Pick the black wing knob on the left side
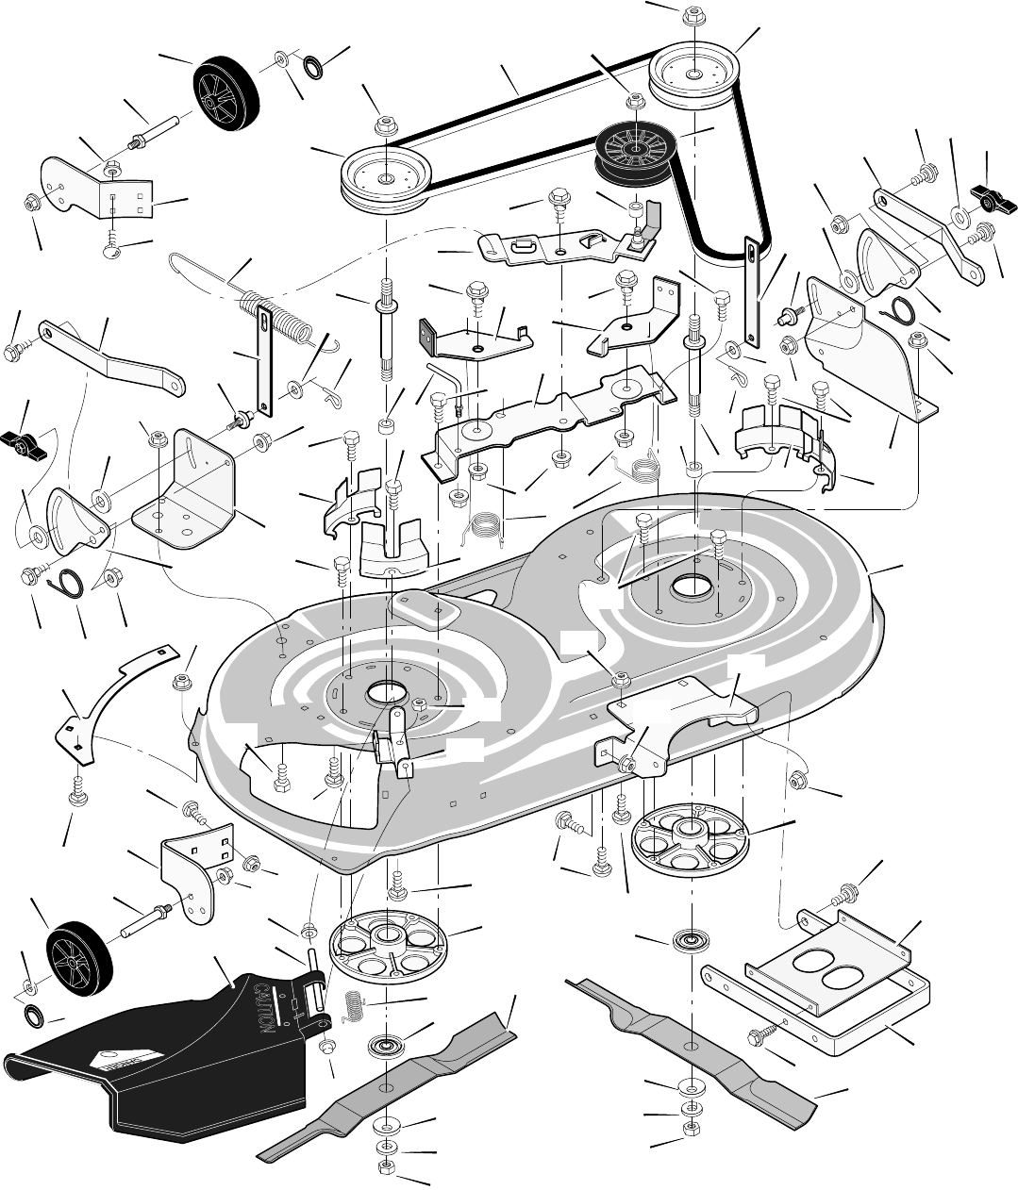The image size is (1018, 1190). (x=26, y=440)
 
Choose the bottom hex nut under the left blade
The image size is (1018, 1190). (x=386, y=1167)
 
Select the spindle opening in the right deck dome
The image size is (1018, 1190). (x=692, y=588)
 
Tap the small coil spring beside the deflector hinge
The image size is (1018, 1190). (x=353, y=1006)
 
